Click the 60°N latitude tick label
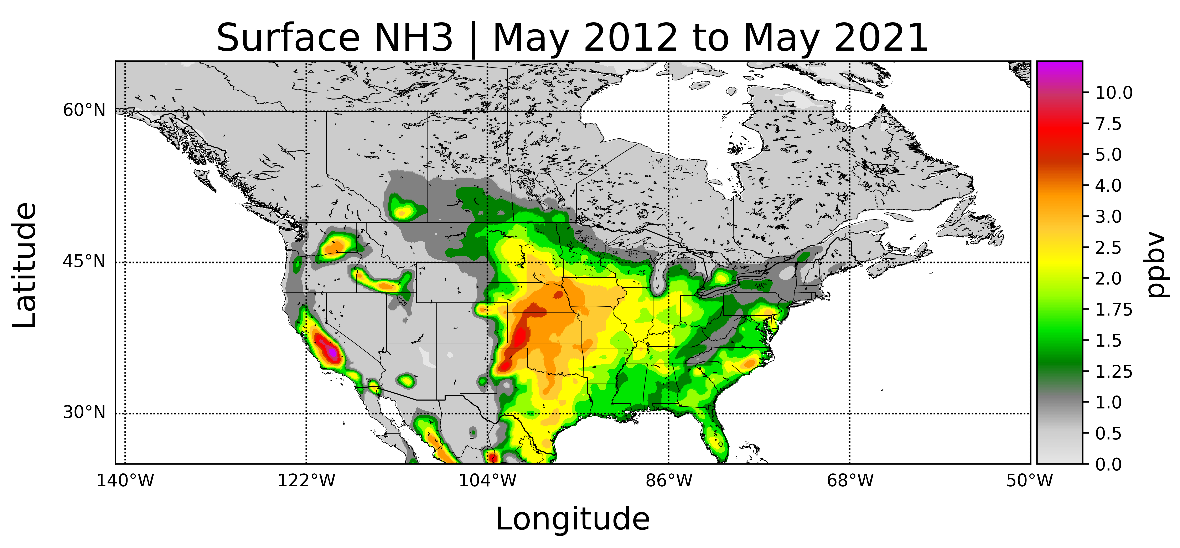coord(84,111)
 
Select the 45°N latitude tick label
coord(84,262)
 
